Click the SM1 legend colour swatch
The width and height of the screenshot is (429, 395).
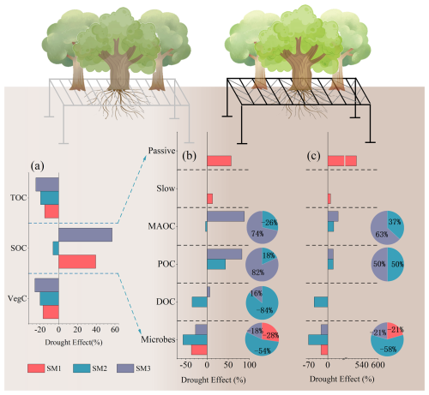pos(36,368)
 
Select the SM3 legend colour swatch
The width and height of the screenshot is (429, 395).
pos(125,368)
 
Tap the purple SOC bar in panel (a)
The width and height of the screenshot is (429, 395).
pos(85,235)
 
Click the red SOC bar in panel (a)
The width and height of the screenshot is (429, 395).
pos(77,261)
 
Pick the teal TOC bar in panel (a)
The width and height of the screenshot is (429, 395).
pos(50,198)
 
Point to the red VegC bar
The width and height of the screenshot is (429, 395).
pos(51,312)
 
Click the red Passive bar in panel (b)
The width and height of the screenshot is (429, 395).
pos(219,161)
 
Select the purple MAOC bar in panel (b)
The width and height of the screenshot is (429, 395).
pos(226,216)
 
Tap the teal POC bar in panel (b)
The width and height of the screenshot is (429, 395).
pos(216,264)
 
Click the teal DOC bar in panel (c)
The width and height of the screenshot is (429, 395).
pos(321,302)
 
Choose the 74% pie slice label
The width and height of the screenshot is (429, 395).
pos(257,234)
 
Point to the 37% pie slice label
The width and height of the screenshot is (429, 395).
pos(395,222)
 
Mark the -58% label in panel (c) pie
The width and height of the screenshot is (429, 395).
pos(389,349)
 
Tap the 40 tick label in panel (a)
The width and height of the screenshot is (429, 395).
pos(96,330)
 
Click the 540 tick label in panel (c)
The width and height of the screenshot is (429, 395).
pos(362,365)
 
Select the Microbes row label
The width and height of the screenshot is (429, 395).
pos(158,339)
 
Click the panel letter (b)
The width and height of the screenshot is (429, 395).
pos(190,156)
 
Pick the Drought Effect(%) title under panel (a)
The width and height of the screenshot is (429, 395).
pos(74,342)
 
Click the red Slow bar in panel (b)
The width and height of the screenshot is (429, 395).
pos(209,199)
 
